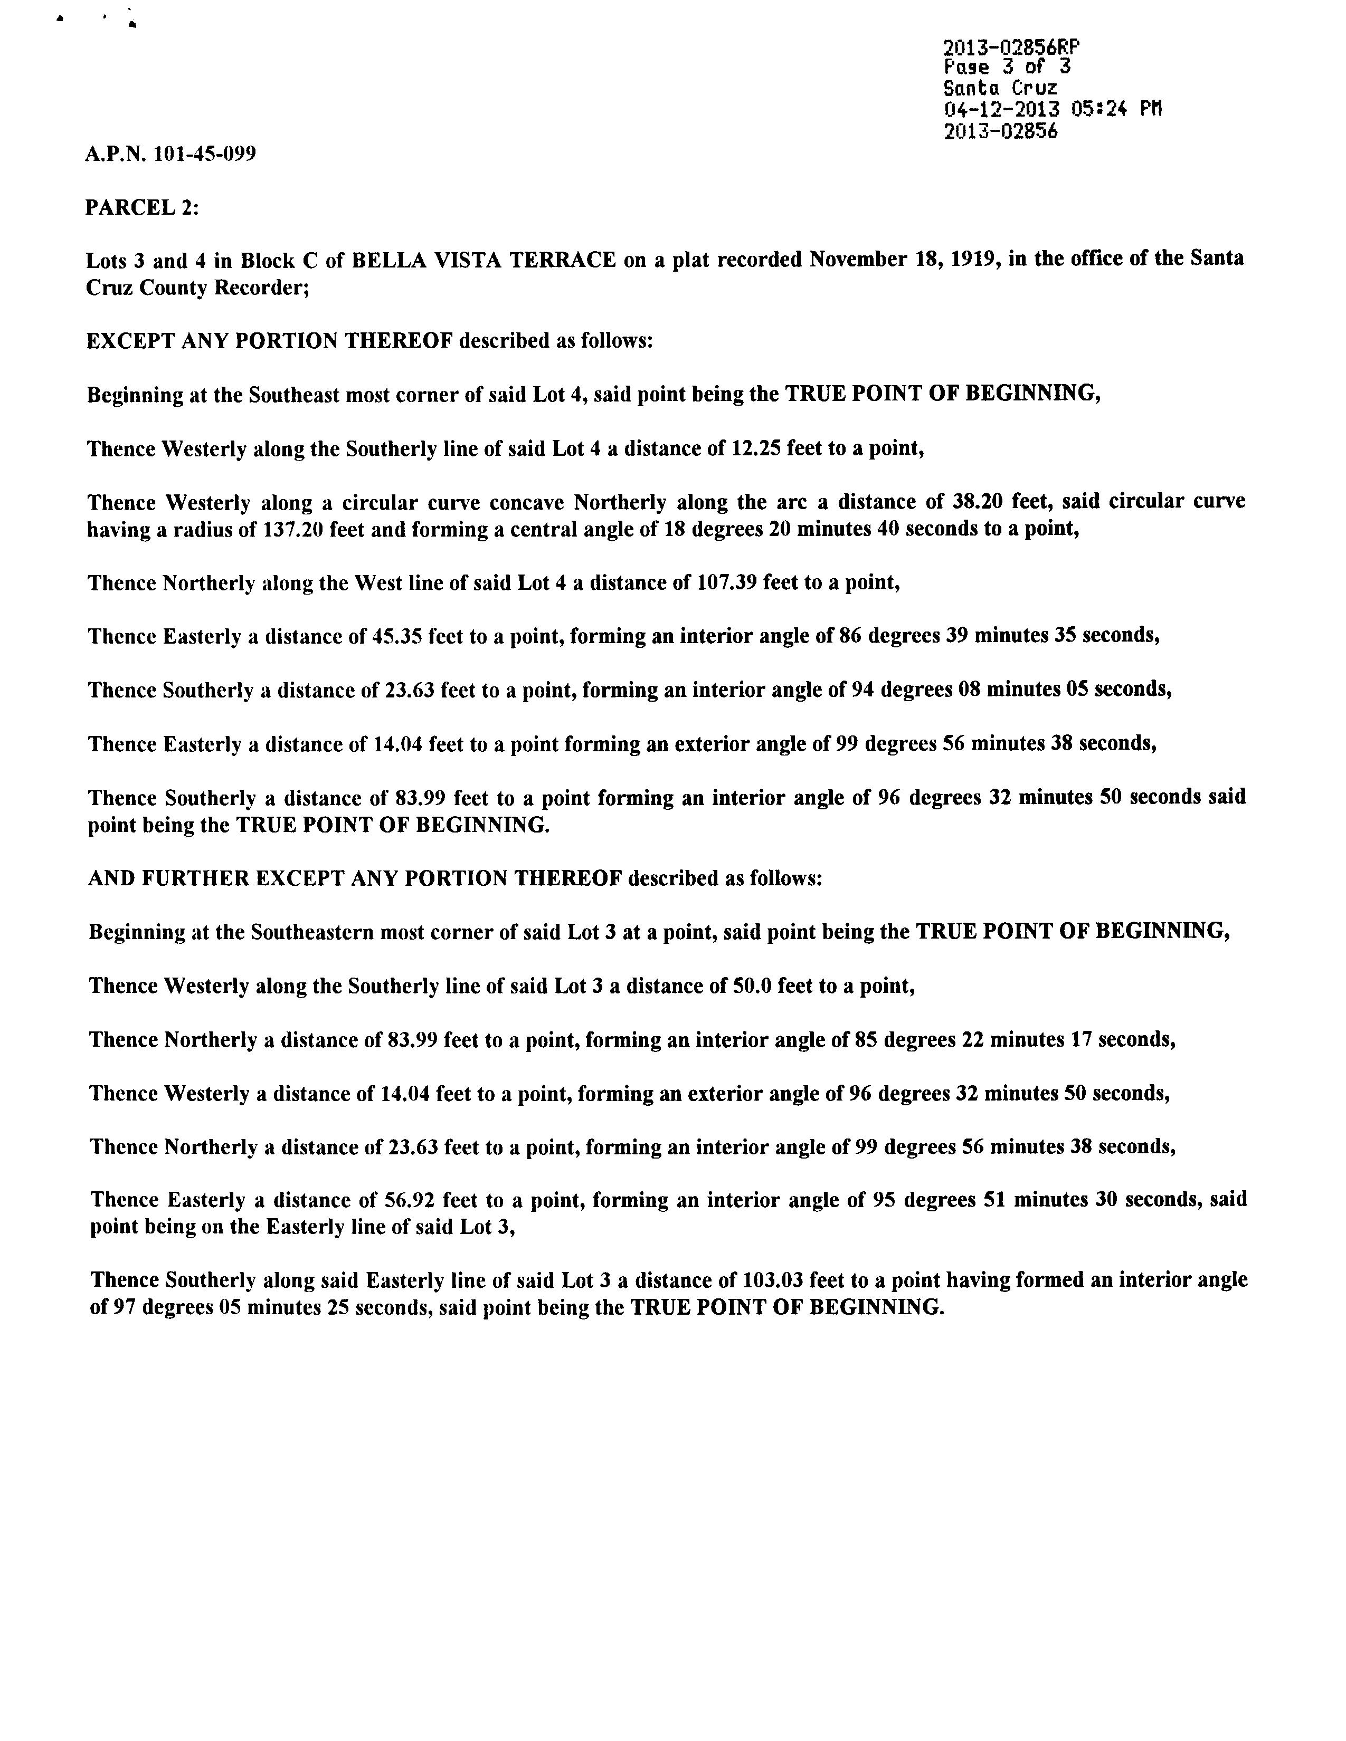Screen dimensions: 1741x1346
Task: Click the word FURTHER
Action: click(195, 878)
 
